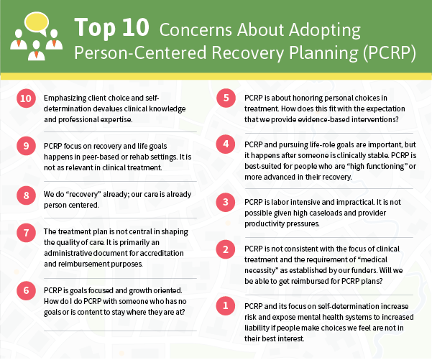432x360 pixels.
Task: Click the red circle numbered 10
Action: (26, 98)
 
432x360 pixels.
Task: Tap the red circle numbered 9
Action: (26, 146)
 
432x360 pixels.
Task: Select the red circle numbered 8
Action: (26, 195)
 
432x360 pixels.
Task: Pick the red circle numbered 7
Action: (26, 233)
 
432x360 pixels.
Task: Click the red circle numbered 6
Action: (26, 290)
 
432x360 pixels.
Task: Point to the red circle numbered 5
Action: (226, 98)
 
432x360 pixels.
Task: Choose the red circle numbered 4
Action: (226, 144)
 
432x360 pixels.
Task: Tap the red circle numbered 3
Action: (226, 202)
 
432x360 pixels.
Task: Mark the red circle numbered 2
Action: (226, 249)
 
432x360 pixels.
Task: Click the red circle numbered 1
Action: (226, 305)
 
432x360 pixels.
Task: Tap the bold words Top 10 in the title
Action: (111, 27)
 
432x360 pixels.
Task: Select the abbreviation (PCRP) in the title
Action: (389, 53)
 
